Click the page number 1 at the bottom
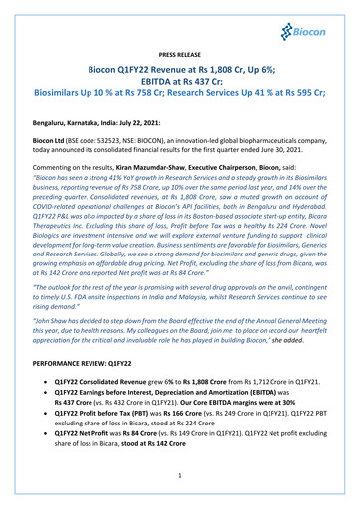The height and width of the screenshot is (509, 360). pyautogui.click(x=180, y=486)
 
